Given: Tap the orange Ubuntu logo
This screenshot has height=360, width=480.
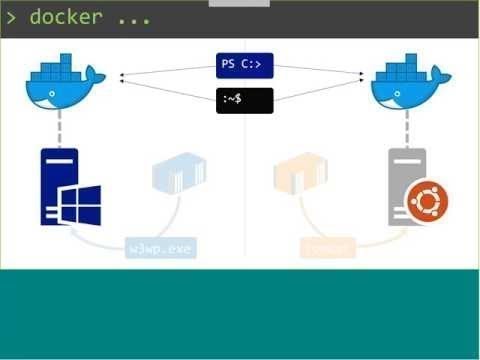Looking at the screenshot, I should (427, 202).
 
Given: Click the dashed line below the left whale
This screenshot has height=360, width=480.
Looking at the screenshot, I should (61, 128).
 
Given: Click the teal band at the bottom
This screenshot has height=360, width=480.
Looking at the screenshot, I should (240, 314).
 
